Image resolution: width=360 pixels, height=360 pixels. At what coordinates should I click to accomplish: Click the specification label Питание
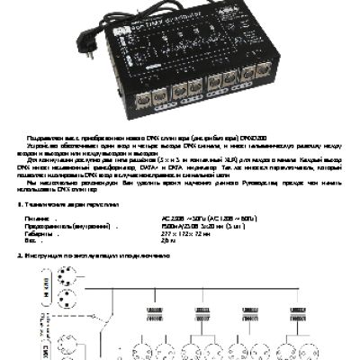40,218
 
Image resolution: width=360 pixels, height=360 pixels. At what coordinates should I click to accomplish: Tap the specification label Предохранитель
67,226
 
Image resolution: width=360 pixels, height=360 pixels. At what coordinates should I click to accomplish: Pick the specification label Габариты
41,233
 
